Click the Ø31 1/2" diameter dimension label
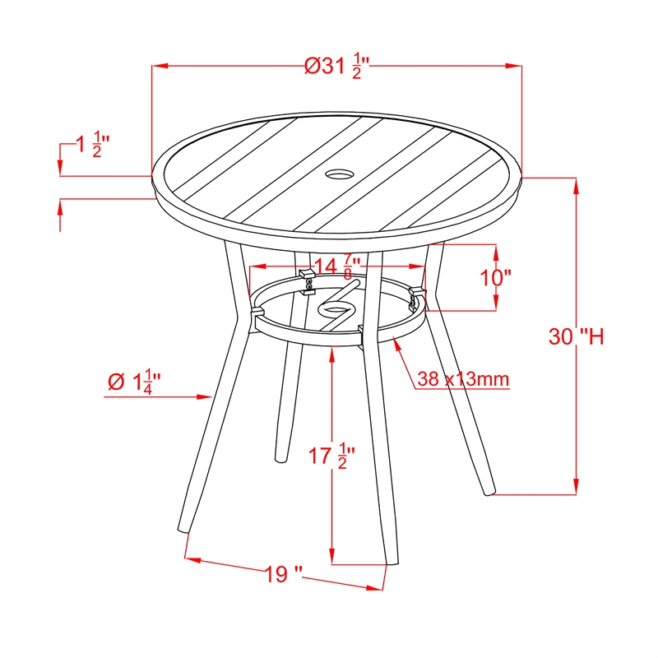pos(336,66)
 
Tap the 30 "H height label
pos(577,336)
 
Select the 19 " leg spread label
pos(283,574)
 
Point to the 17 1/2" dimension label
pos(332,456)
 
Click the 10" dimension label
pos(496,278)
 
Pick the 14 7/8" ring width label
pos(337,266)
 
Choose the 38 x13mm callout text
pos(463,379)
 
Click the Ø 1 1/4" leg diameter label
pos(134,381)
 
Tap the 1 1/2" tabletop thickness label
pos(92,145)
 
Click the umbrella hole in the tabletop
pos(340,174)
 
